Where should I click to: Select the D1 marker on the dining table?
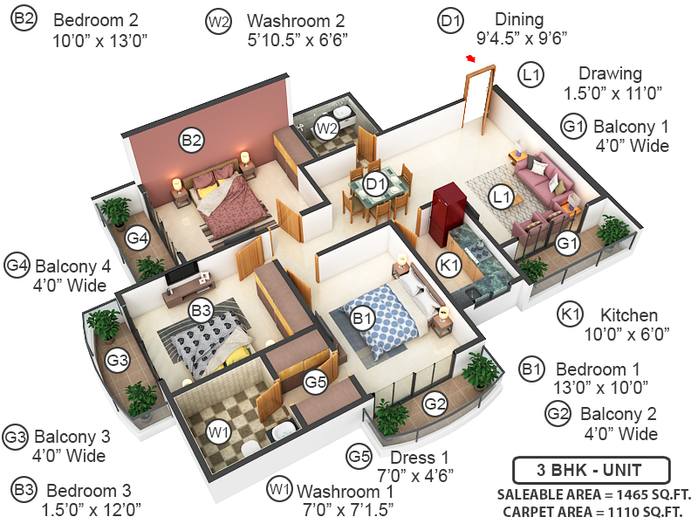click(x=375, y=184)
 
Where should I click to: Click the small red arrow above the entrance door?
click(x=470, y=59)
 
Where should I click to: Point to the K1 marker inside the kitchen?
click(x=448, y=265)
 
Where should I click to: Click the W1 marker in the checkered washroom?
click(x=218, y=431)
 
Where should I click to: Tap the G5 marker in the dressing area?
click(x=315, y=381)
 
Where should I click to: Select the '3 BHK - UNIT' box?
click(x=591, y=470)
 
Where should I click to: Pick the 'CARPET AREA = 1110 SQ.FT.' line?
click(x=591, y=512)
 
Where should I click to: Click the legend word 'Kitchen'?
click(x=628, y=314)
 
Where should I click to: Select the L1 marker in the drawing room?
click(x=501, y=197)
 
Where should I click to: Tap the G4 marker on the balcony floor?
click(x=137, y=238)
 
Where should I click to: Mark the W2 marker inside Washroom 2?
click(x=326, y=128)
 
